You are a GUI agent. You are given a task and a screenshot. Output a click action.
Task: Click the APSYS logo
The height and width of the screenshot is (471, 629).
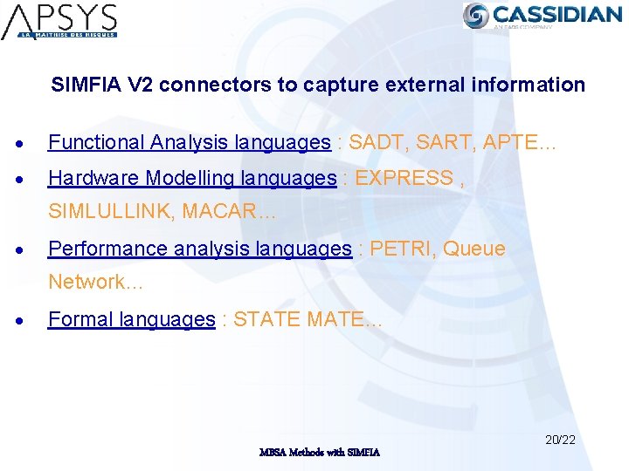tap(59, 22)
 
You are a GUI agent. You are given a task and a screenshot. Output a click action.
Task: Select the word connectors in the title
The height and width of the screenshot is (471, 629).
tap(206, 85)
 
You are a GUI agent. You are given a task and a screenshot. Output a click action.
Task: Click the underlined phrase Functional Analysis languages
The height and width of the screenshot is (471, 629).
tap(189, 142)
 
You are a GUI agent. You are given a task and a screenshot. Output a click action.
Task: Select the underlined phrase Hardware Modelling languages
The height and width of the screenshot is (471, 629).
tap(192, 178)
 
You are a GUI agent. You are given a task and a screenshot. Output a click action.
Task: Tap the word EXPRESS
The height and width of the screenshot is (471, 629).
tap(404, 178)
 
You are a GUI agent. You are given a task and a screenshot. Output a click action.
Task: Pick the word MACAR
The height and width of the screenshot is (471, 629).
tap(225, 211)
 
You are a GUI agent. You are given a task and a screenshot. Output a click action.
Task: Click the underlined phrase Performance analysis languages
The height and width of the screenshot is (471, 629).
tap(199, 249)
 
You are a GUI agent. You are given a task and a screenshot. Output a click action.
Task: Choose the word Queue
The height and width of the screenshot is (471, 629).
tap(474, 249)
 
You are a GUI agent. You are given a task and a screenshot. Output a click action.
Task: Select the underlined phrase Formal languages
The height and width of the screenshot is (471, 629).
tap(131, 319)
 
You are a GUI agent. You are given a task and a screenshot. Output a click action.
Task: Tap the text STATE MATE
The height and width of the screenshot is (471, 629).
tap(301, 319)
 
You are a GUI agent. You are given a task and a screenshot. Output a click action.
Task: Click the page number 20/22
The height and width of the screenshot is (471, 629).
tap(560, 440)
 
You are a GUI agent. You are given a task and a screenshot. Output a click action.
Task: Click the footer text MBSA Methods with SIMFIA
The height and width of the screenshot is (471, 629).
tap(319, 453)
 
